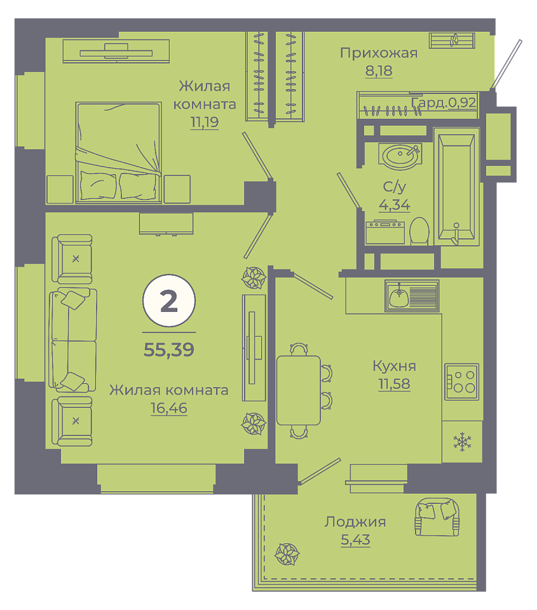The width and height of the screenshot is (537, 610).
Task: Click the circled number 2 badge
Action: [x=169, y=301]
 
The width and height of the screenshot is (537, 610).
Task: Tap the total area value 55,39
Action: [x=169, y=349]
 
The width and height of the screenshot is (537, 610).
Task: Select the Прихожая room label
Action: [x=379, y=53]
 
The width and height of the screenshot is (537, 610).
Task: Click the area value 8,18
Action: [x=379, y=71]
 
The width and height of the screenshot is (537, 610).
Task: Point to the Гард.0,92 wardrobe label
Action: [x=444, y=102]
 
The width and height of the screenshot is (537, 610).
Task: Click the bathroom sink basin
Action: [x=400, y=156]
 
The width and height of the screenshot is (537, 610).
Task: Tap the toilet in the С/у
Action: [x=419, y=231]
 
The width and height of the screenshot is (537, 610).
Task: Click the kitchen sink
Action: [x=412, y=295]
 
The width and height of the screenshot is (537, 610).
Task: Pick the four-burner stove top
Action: [x=461, y=381]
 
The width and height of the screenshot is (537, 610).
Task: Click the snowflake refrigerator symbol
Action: [x=462, y=442]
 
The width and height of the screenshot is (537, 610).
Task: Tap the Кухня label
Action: [x=394, y=366]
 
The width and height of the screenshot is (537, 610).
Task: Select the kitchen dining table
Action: [x=299, y=390]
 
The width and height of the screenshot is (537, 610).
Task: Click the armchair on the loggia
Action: [x=437, y=517]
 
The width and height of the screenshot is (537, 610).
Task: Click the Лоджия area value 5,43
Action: [x=355, y=539]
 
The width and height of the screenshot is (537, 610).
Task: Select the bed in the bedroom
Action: [x=119, y=152]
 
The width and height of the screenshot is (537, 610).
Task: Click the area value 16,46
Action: [x=169, y=408]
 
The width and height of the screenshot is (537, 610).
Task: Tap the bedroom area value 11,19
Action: [x=204, y=122]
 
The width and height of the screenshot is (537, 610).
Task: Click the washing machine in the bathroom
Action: [x=385, y=232]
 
